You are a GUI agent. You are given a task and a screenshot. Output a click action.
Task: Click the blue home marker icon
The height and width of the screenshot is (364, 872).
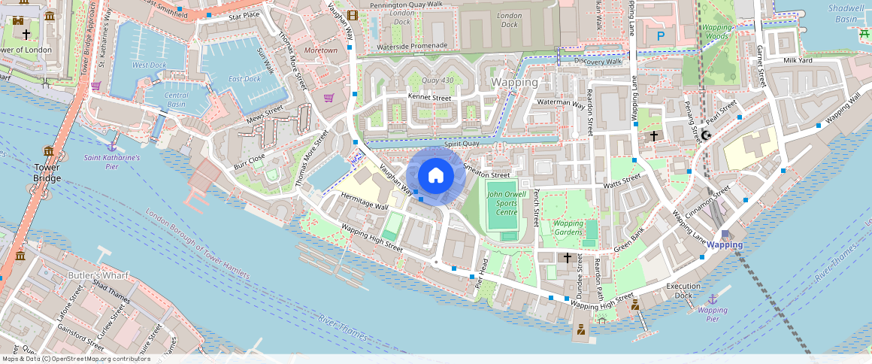pos(435,175)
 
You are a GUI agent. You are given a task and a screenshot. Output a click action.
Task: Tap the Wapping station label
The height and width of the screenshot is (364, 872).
pos(725,244)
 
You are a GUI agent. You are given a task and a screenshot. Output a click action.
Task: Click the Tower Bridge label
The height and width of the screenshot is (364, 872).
pos(47,172)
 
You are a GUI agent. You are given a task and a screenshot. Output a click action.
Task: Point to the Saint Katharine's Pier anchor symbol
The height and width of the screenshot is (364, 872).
pos(112,146)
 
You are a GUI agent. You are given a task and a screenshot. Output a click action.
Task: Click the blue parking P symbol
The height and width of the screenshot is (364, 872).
pos(661,35)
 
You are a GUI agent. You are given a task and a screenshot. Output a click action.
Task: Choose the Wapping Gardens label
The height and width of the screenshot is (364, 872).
pos(568,228)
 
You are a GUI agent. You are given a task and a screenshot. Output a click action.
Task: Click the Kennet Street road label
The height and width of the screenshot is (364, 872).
pos(429,98)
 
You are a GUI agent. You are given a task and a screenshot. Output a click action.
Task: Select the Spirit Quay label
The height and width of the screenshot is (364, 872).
pos(462,144)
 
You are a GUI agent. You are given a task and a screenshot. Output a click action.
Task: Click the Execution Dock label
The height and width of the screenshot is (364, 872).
pos(683,290)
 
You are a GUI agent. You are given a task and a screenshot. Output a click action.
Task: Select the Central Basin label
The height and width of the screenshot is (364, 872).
pos(177,100)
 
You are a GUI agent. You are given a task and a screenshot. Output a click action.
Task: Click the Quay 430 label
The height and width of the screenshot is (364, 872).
pos(438,80)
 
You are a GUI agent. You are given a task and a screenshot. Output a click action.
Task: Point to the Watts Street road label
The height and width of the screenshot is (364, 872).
pos(622,181)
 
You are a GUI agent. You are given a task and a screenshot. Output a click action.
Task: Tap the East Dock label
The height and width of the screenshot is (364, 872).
pos(244,79)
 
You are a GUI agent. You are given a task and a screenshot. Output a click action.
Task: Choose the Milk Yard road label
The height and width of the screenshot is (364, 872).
pos(798,60)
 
